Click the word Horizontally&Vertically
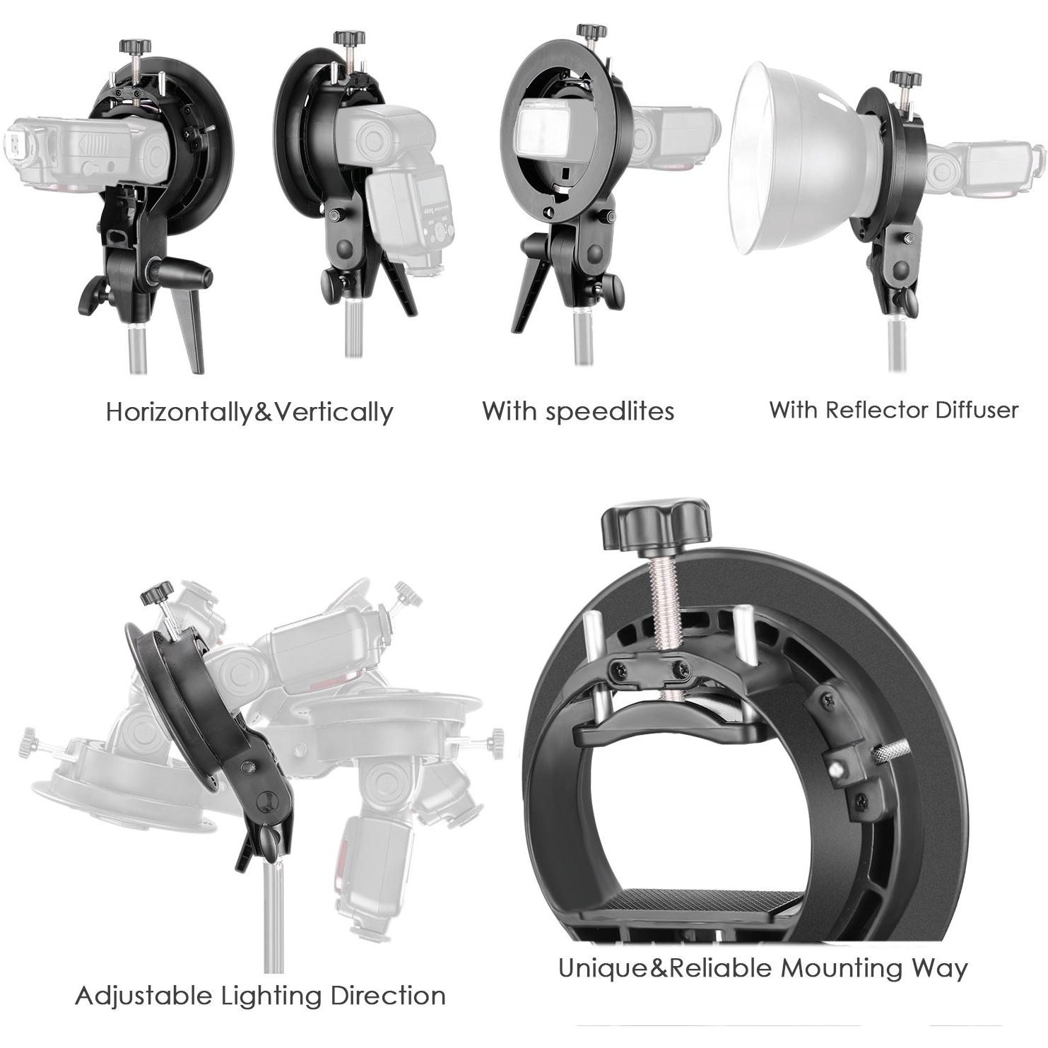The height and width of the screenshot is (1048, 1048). click(x=249, y=411)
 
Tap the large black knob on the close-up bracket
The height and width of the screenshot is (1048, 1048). click(x=655, y=524)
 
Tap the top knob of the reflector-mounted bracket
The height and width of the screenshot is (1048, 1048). click(x=905, y=78)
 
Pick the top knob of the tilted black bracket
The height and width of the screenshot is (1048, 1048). click(x=157, y=592)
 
